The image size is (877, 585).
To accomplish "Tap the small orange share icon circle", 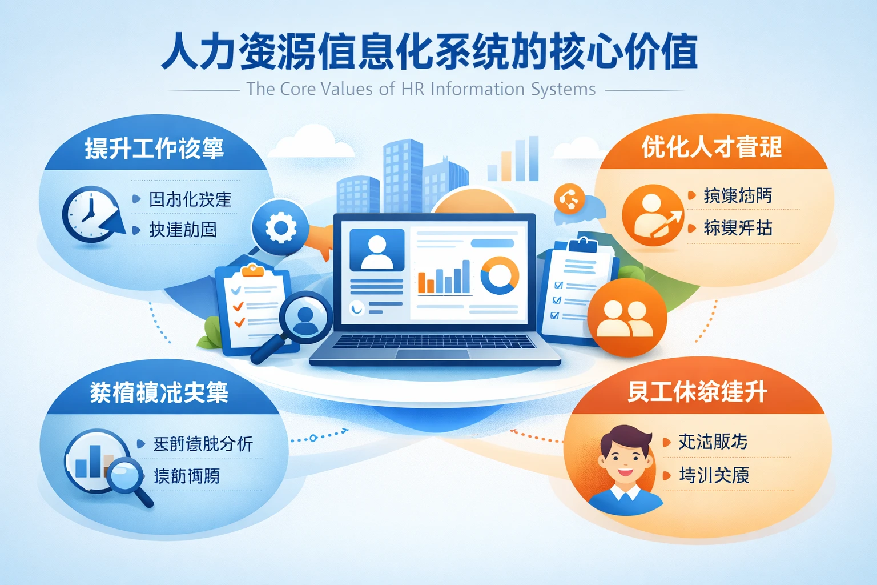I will click(569, 199).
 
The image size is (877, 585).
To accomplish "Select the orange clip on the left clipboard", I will click(252, 270).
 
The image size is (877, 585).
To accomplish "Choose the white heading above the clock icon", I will click(154, 149).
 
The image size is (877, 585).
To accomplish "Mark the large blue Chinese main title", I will click(429, 51).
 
